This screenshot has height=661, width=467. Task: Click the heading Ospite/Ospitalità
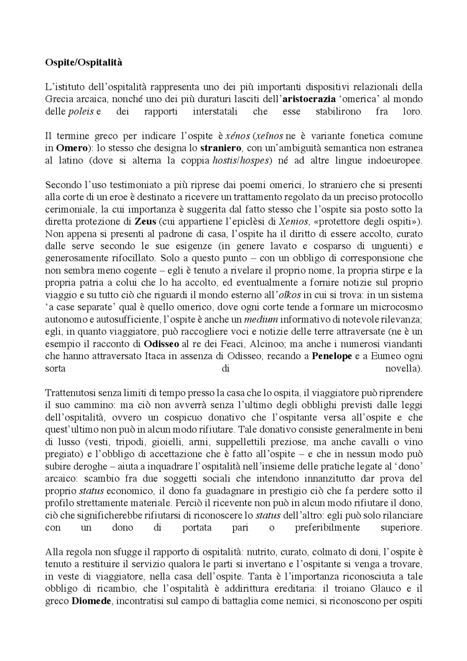(84, 63)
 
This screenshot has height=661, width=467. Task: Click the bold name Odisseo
(161, 344)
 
